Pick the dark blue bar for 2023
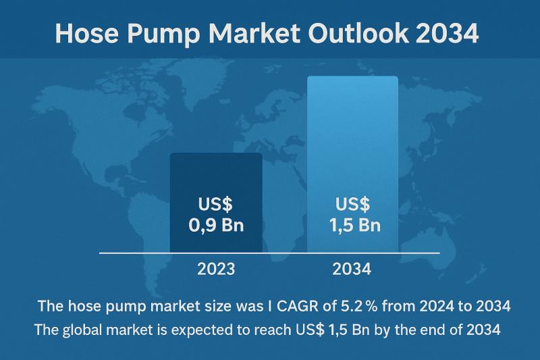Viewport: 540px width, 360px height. click(216, 203)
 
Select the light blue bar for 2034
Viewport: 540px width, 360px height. click(352, 164)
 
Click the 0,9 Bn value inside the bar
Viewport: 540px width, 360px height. click(216, 226)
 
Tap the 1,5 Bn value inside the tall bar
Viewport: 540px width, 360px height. click(355, 226)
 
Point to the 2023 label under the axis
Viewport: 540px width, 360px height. click(216, 269)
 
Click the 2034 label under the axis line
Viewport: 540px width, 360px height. click(352, 269)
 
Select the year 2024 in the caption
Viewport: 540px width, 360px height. click(437, 306)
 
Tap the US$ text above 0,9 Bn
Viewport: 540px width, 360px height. click(215, 204)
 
